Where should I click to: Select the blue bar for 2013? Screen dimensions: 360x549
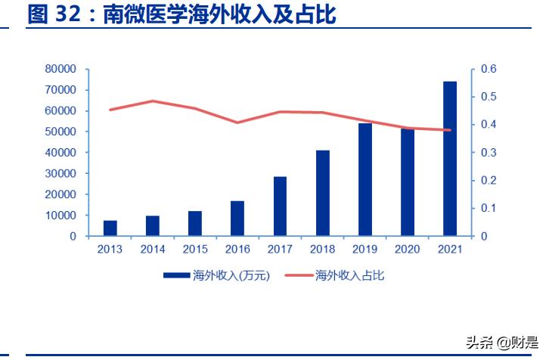[110, 228]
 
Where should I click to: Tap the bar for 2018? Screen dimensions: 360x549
[323, 193]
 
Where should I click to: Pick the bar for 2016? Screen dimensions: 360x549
[237, 219]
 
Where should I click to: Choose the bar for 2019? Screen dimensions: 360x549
[365, 179]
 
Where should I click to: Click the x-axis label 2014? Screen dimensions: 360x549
[152, 250]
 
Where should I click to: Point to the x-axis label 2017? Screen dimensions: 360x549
[280, 250]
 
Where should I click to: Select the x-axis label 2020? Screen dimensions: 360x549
[408, 250]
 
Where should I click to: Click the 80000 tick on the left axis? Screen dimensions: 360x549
[61, 69]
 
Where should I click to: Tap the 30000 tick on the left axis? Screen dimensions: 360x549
[61, 173]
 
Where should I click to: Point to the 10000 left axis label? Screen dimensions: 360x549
[61, 216]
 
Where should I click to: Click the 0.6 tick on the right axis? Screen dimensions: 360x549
[489, 69]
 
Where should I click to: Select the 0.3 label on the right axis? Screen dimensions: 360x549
[489, 153]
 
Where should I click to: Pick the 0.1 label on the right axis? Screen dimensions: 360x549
[489, 208]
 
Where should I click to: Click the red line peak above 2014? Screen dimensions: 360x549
[153, 101]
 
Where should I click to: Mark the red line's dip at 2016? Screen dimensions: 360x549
[237, 123]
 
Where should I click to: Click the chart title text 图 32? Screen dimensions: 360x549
[53, 14]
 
